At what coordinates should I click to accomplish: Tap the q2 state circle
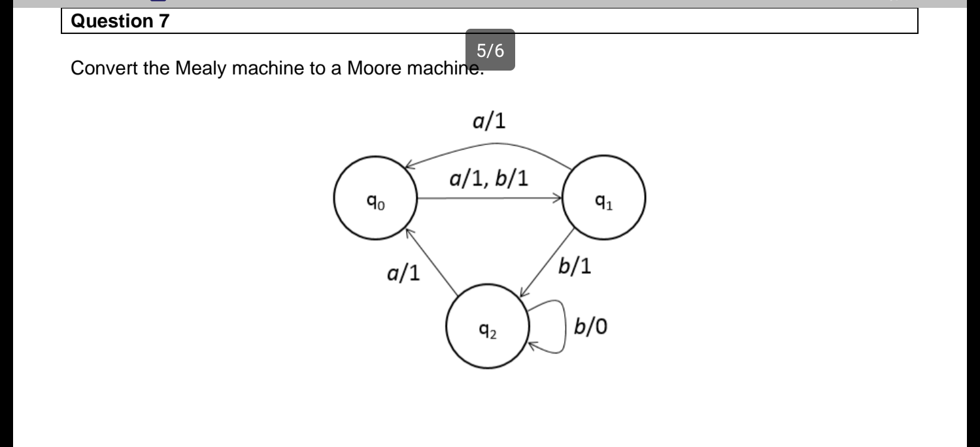487,326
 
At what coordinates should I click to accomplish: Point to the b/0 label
590,326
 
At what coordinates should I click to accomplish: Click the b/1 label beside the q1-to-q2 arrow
575,267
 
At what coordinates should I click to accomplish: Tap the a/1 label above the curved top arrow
490,122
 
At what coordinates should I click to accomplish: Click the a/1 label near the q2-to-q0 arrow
402,274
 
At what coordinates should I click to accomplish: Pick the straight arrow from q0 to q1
490,198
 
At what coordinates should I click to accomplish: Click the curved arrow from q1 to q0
490,145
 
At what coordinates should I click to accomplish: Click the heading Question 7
119,21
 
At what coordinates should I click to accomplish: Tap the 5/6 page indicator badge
490,50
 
